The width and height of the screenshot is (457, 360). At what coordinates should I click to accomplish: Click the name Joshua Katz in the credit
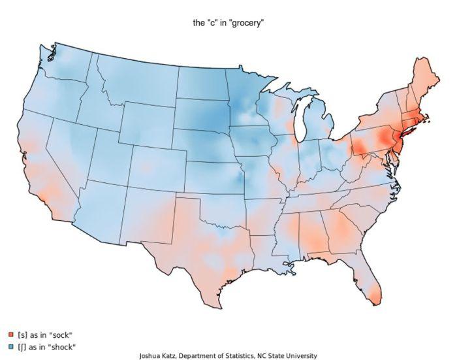[x=160, y=356]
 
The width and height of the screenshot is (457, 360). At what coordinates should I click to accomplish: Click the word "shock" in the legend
[x=63, y=346]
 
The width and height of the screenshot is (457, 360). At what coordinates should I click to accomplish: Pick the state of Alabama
[x=314, y=236]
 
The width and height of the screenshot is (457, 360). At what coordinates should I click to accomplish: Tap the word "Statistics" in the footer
[x=238, y=356]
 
